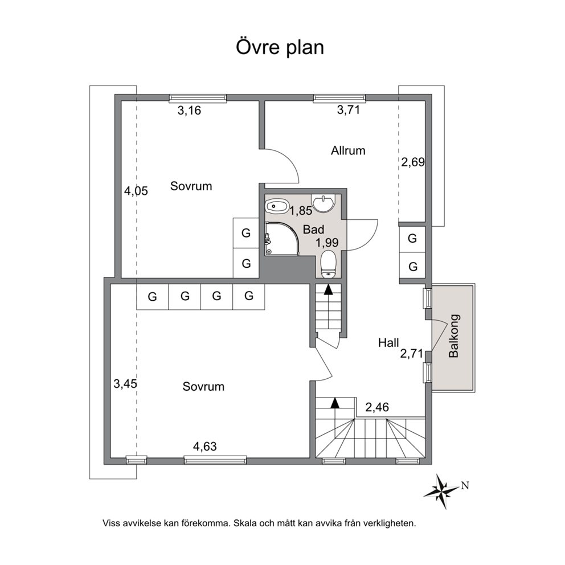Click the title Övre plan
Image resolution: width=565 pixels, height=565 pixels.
tap(280, 48)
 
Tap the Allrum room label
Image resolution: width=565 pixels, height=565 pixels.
tap(348, 151)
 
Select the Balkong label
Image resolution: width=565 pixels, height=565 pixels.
tap(453, 336)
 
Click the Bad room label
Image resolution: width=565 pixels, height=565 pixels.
tap(313, 230)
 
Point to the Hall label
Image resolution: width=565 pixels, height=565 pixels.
tap(389, 343)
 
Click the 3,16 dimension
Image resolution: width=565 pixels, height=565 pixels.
tap(189, 111)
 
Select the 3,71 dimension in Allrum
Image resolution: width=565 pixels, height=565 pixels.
tap(348, 111)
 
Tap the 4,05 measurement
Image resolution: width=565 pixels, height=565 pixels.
tap(136, 191)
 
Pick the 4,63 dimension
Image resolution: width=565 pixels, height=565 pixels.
tap(204, 447)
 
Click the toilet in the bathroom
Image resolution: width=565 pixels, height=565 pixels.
tap(328, 265)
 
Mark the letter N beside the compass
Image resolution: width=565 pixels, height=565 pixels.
tap(465, 486)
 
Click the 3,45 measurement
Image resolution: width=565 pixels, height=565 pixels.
tap(125, 384)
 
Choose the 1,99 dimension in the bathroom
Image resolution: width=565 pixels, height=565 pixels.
tap(327, 243)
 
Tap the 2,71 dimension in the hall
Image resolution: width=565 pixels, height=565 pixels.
tap(411, 354)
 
